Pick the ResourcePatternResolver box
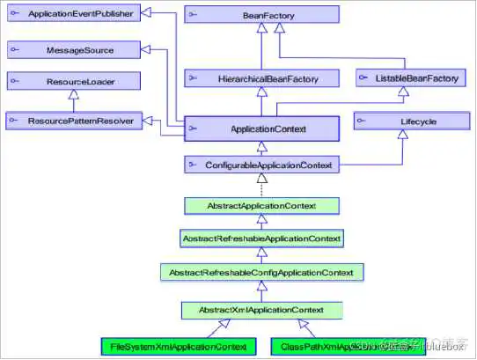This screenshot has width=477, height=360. coord(72,120)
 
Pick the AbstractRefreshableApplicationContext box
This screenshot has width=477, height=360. coord(261,239)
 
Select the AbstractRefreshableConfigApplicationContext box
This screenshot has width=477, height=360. coord(261,273)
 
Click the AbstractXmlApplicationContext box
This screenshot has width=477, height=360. coord(261,309)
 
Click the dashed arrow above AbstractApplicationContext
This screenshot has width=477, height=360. coord(261,185)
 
